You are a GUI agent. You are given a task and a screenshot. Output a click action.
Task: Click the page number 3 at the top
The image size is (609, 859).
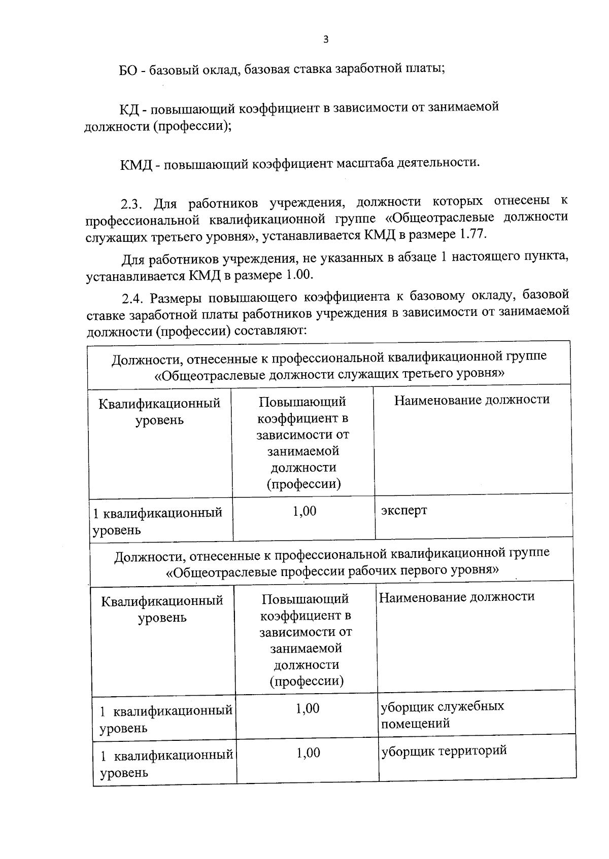click(x=325, y=40)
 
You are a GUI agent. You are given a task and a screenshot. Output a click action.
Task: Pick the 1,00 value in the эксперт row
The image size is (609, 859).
click(x=304, y=511)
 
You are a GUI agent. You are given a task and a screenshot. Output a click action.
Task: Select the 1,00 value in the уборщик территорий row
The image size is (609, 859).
click(x=308, y=753)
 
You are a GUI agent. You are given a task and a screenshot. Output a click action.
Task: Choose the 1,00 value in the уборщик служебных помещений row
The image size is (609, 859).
click(x=308, y=708)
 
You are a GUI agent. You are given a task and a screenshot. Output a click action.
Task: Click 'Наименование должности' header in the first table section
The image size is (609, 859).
click(x=471, y=400)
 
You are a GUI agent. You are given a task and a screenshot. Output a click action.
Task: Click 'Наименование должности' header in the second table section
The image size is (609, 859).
click(x=457, y=597)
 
